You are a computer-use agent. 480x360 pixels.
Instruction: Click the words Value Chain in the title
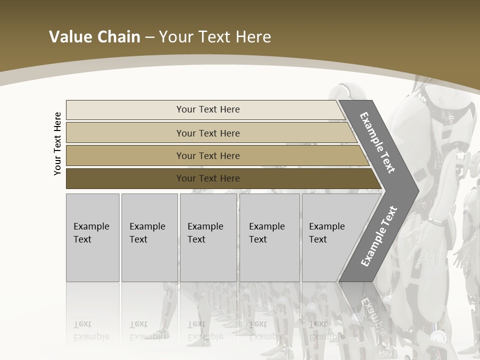click(94, 37)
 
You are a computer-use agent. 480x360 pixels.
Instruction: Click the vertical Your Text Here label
click(57, 143)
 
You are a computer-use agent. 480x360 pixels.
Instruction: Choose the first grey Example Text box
click(92, 237)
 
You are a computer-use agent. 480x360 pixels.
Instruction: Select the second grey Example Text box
click(149, 237)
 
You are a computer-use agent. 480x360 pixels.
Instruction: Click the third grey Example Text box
click(208, 237)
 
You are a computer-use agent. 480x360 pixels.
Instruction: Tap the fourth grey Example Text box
click(269, 237)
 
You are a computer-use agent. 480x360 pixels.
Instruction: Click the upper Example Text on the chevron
click(377, 143)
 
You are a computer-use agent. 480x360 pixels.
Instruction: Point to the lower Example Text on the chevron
click(378, 236)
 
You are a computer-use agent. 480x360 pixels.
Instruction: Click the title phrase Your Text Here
click(215, 37)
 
